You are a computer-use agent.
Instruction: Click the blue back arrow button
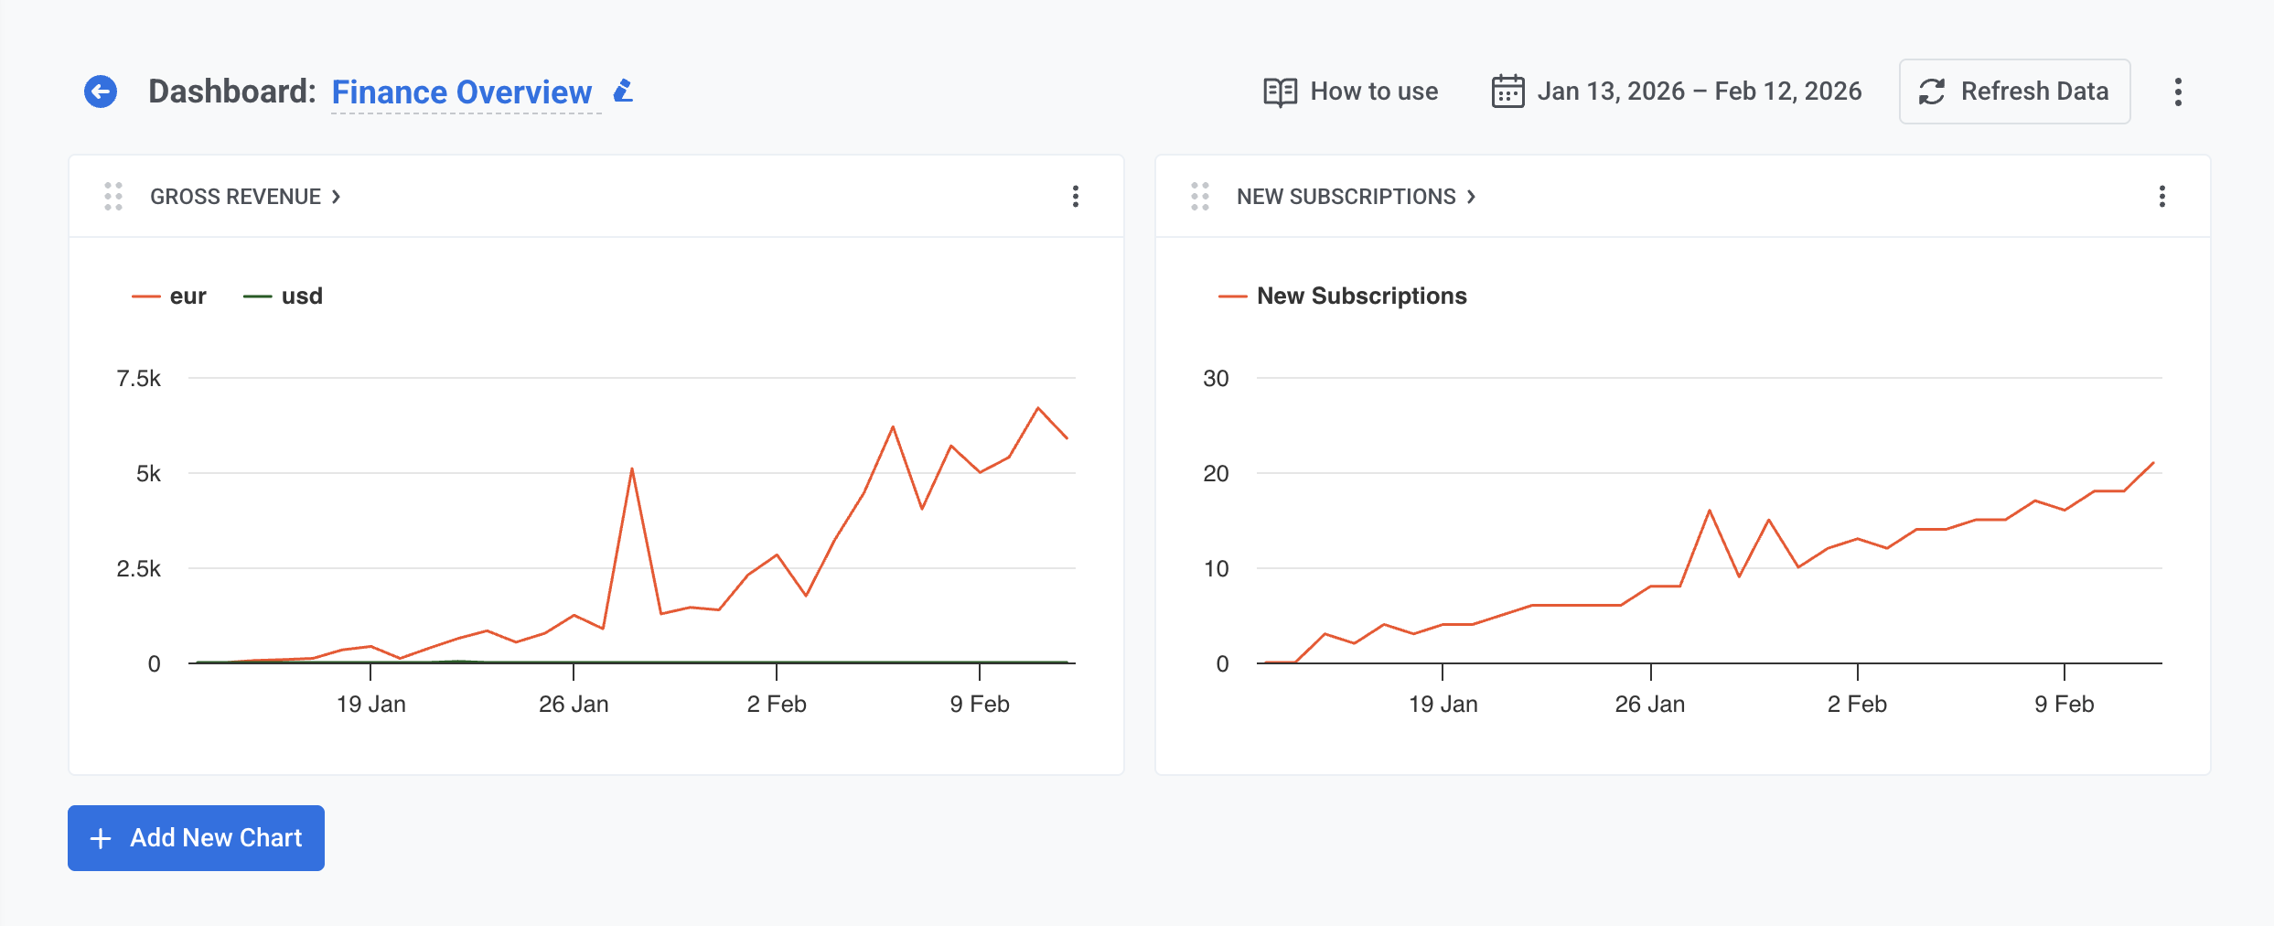tap(101, 92)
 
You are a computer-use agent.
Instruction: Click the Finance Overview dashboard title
tap(461, 92)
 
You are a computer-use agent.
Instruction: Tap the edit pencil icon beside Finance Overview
tap(624, 91)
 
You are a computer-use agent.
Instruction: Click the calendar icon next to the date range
tap(1507, 92)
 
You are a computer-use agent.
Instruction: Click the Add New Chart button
tap(196, 838)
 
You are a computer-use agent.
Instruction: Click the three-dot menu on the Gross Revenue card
tap(1076, 197)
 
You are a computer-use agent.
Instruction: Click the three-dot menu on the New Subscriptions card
tap(2162, 197)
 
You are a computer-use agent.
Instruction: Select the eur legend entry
tap(170, 296)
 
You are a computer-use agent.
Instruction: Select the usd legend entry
tap(284, 296)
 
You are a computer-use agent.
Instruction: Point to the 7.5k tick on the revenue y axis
tap(139, 379)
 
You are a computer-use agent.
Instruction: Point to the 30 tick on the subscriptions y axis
tap(1216, 379)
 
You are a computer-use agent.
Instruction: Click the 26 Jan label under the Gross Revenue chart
tap(574, 704)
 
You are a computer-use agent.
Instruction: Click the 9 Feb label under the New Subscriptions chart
tap(2064, 704)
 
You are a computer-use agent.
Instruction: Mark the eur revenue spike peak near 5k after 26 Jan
tap(632, 469)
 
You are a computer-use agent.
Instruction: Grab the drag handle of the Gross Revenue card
tap(113, 197)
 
